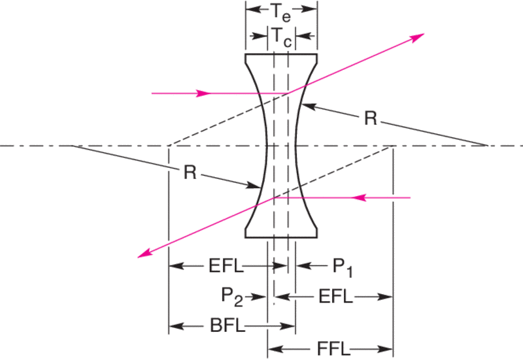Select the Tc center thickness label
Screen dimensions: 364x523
tap(282, 36)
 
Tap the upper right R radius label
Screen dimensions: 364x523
tap(370, 118)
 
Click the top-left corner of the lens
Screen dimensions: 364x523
tap(246, 55)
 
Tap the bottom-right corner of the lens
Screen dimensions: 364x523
tap(318, 237)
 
